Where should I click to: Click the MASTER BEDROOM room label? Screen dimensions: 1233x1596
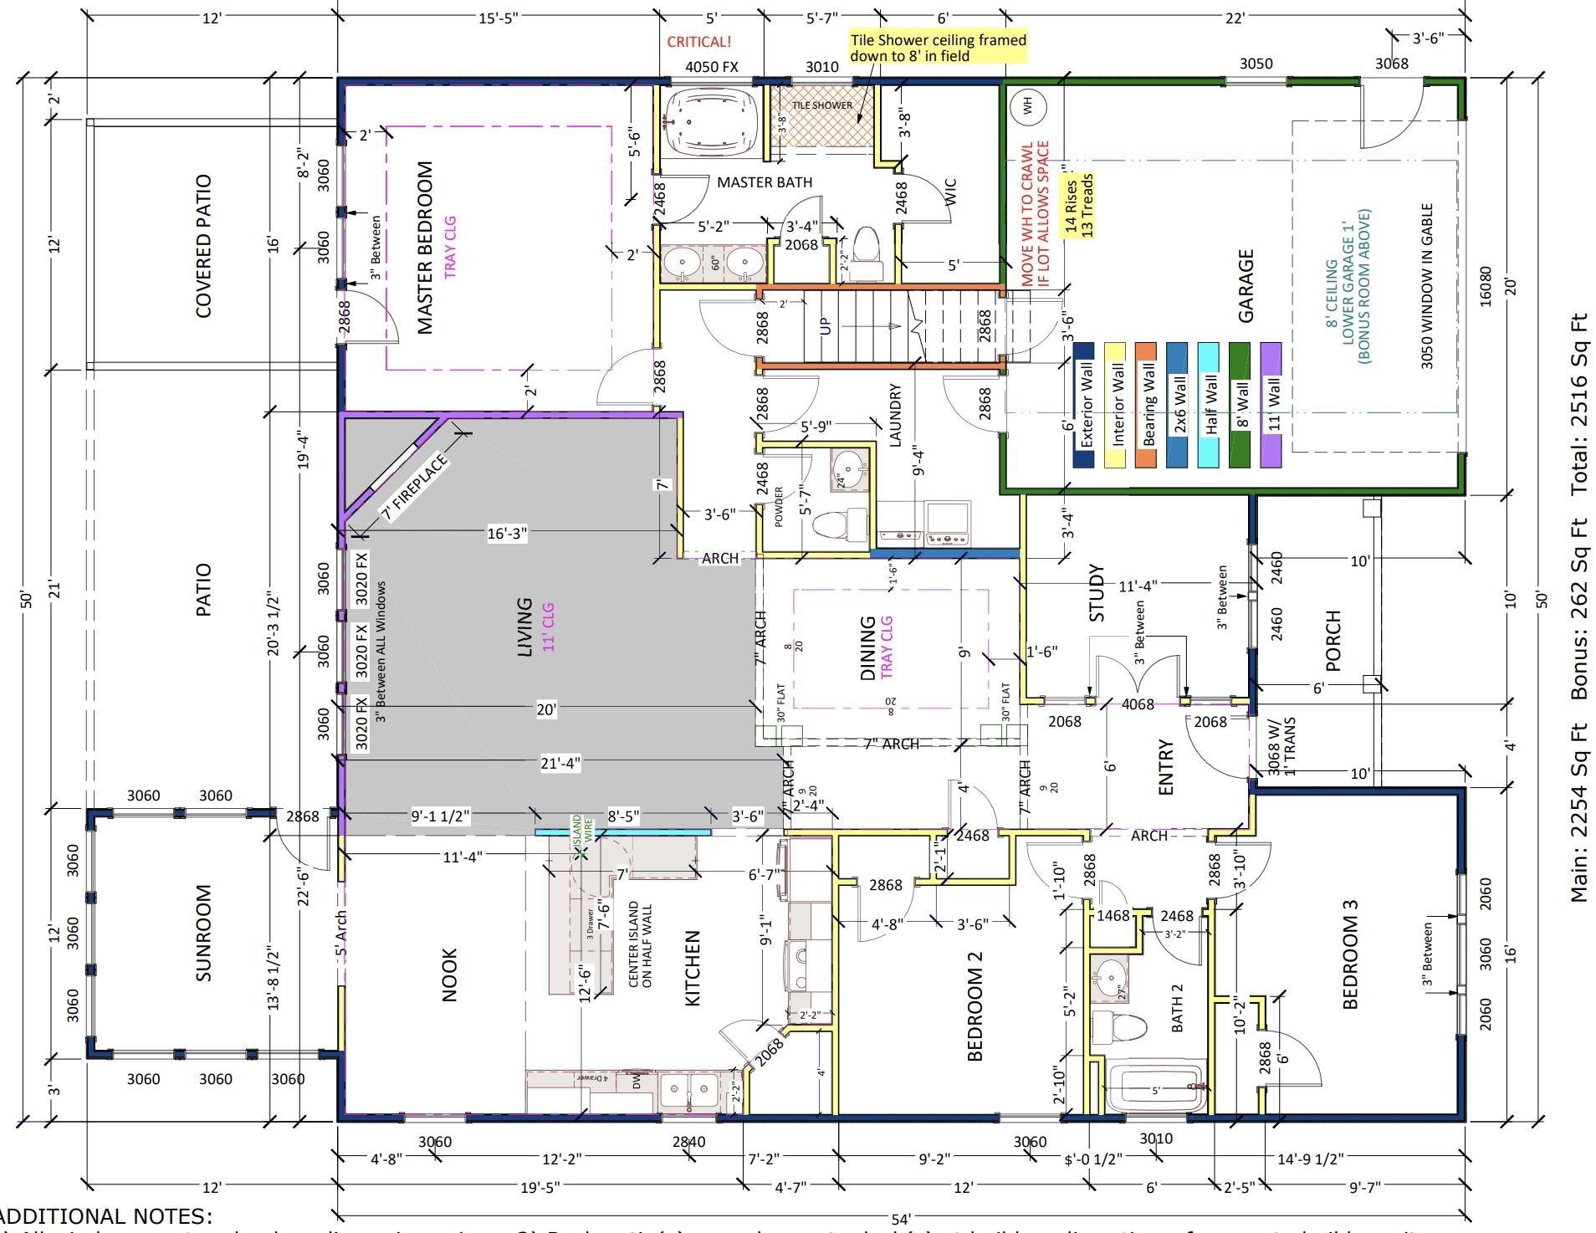(425, 248)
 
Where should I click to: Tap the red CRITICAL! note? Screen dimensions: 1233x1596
(698, 42)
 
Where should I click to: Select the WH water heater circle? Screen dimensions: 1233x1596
(1028, 105)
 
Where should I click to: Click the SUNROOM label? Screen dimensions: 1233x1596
(203, 932)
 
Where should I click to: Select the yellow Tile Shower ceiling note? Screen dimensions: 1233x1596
(937, 48)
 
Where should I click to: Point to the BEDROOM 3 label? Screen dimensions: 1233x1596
(1349, 954)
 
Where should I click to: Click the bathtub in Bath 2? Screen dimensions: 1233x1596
(1154, 1089)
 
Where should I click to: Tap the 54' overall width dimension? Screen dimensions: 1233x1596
(900, 1220)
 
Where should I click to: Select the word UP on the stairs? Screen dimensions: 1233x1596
(826, 325)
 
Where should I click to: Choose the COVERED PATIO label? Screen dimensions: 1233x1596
(203, 246)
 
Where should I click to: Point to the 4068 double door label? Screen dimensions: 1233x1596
(1137, 704)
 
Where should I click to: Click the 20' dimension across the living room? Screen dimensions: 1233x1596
(545, 709)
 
